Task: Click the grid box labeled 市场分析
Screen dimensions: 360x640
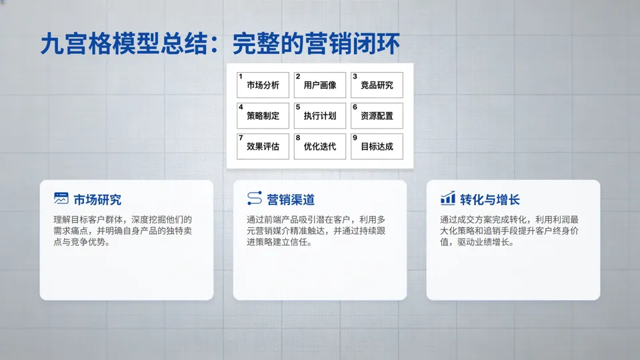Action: coord(263,85)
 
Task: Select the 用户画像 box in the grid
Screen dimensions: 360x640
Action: coord(320,85)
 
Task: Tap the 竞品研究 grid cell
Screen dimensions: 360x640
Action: coord(377,85)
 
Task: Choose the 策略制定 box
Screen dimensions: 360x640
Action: coord(263,116)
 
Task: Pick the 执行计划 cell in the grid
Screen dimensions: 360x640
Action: coord(320,116)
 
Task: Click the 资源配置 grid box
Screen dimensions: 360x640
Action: coord(377,116)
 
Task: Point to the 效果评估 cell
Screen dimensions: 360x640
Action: coord(263,147)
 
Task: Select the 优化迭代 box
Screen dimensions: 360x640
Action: coord(320,147)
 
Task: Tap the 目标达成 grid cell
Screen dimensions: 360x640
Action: coord(377,147)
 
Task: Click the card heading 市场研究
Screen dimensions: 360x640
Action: coord(97,199)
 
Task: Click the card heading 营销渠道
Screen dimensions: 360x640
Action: coord(291,199)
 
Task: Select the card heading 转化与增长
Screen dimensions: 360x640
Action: coord(490,199)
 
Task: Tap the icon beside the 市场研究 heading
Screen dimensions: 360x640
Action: coord(61,199)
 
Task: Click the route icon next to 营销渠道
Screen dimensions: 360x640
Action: coord(254,199)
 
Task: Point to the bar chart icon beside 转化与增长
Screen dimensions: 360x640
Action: coord(448,199)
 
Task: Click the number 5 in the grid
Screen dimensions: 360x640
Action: coord(298,107)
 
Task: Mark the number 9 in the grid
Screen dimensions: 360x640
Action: coord(355,137)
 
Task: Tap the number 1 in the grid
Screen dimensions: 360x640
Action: coord(241,76)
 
